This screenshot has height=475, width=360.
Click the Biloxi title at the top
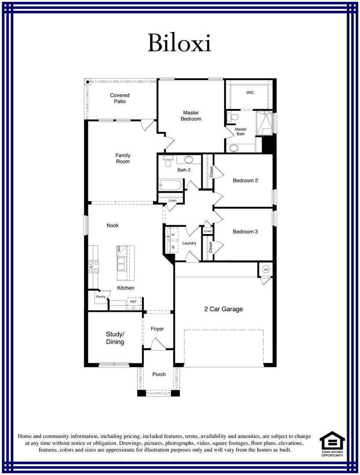[x=179, y=43]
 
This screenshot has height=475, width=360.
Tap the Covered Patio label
[x=120, y=98]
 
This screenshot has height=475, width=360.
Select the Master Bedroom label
[x=191, y=116]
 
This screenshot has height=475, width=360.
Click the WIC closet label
[x=250, y=93]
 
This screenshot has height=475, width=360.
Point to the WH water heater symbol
[x=266, y=269]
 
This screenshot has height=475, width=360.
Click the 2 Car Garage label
[x=223, y=309]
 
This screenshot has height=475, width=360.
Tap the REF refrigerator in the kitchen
[x=133, y=302]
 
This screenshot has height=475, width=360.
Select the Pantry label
[x=101, y=297]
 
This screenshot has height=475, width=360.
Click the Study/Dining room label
[x=115, y=338]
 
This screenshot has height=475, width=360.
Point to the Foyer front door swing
[x=157, y=343]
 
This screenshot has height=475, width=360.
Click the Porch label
[x=159, y=374]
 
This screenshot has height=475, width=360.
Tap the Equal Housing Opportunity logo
[x=332, y=443]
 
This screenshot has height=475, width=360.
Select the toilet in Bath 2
[x=167, y=162]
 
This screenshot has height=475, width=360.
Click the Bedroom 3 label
[x=245, y=232]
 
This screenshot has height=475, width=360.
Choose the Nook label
[x=113, y=226]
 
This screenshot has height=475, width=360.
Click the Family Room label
[x=123, y=158]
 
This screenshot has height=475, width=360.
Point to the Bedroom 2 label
[x=245, y=180]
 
